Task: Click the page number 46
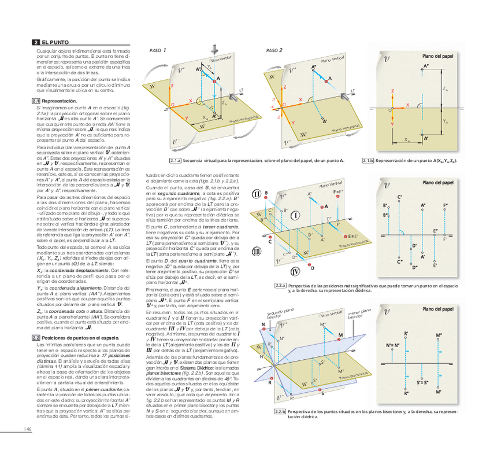click(27, 429)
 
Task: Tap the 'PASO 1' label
click(158, 50)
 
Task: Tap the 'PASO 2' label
click(274, 50)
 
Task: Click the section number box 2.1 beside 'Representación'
click(35, 101)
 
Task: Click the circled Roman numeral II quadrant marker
click(257, 194)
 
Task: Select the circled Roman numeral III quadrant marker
click(257, 250)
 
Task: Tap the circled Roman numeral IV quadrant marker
click(296, 272)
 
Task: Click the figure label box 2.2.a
click(280, 286)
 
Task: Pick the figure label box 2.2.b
click(280, 411)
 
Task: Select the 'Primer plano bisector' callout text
click(359, 315)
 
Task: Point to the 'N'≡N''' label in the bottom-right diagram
click(394, 346)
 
